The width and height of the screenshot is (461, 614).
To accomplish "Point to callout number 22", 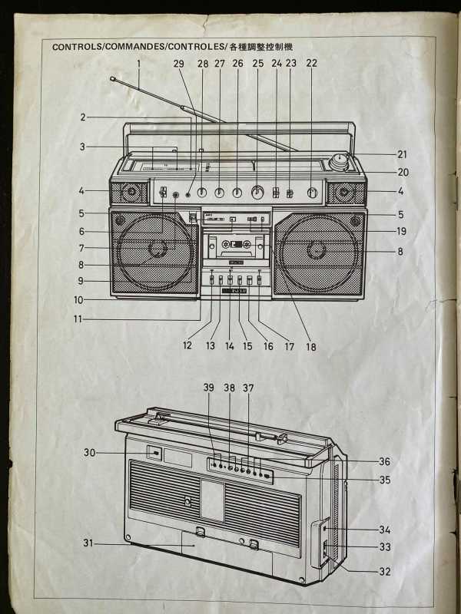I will tap(311, 64).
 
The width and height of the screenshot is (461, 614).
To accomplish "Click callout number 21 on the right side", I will tap(403, 153).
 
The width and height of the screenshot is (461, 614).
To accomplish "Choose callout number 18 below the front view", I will tap(311, 346).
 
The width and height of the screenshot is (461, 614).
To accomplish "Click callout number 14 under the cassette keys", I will tap(229, 346).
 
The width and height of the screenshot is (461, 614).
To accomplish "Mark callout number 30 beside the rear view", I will tap(90, 453).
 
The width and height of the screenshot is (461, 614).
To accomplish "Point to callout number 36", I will tap(384, 461).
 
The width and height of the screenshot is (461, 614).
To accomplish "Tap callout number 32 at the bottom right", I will tap(385, 571).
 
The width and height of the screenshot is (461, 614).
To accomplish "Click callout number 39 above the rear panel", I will tap(209, 388).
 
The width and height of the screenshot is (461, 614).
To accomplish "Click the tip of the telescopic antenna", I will tap(113, 78).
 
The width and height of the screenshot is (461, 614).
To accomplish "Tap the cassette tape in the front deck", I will tap(235, 246).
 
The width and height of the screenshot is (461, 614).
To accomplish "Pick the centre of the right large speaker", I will tap(317, 249).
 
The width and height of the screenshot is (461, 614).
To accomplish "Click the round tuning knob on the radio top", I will tap(338, 161).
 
